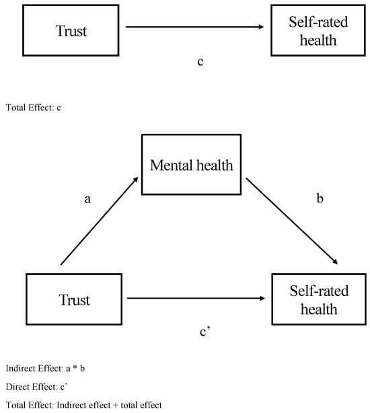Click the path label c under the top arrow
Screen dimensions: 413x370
pyautogui.click(x=200, y=62)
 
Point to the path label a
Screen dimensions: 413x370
pyautogui.click(x=87, y=199)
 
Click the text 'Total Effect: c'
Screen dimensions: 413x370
pyautogui.click(x=34, y=106)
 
